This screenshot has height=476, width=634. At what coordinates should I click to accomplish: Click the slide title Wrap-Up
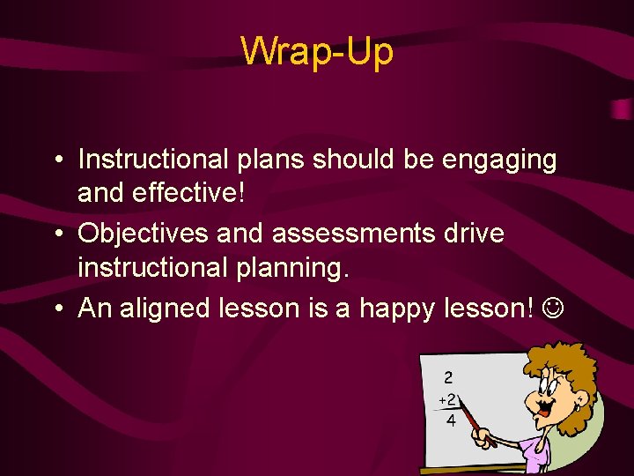(x=317, y=51)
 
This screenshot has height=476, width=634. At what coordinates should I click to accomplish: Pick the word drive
(x=476, y=234)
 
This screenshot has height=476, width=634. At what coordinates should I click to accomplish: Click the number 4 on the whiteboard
(x=451, y=420)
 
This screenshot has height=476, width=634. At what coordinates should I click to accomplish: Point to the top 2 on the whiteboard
(x=448, y=377)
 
